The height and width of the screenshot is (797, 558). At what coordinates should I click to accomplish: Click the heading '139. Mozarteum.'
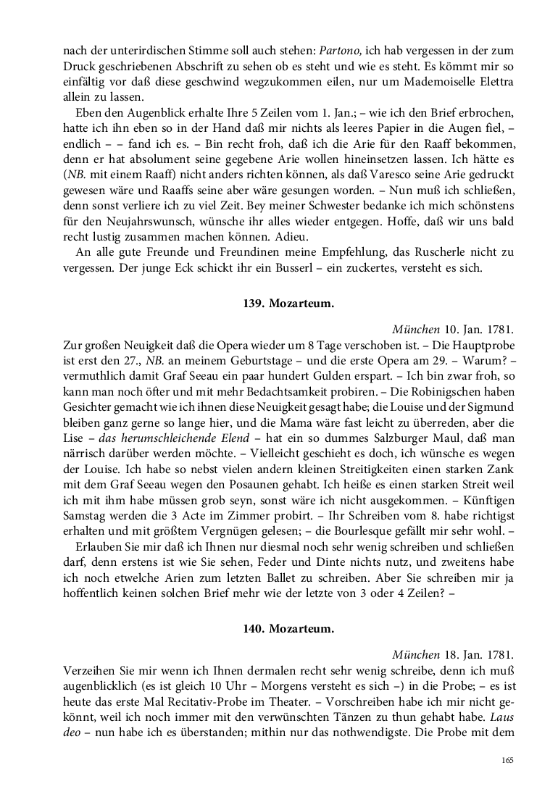(288, 305)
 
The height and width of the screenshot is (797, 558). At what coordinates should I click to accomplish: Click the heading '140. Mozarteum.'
(288, 630)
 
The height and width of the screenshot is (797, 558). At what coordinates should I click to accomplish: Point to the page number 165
(507, 760)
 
